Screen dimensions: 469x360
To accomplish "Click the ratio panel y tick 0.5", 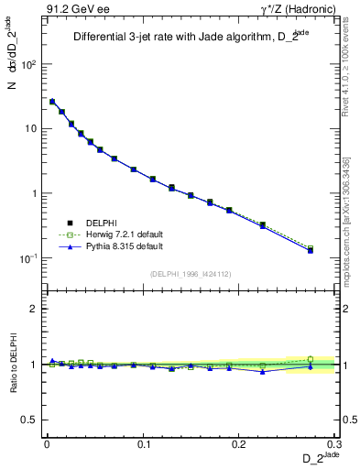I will coord(30,420).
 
